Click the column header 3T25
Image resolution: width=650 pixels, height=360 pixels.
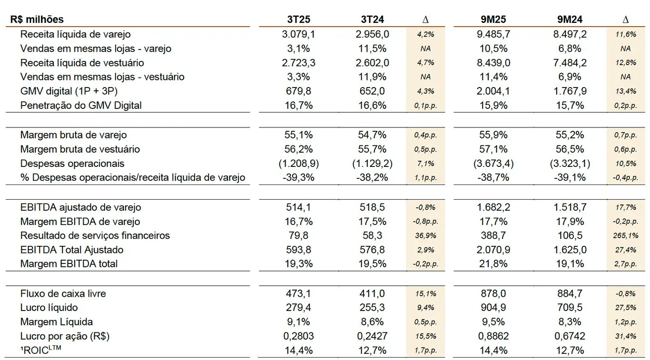pos(298,19)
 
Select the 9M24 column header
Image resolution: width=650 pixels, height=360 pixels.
pos(570,19)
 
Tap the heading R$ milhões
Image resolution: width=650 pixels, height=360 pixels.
pos(37,19)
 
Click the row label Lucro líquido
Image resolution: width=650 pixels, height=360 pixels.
pos(49,308)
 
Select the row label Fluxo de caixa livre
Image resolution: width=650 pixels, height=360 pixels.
pos(63,293)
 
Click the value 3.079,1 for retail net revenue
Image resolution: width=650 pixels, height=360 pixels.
pos(298,34)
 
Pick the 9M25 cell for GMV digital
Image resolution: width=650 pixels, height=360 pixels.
pos(492,91)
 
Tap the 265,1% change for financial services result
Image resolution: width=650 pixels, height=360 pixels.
pos(625,236)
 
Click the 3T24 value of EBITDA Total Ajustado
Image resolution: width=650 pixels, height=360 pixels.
pos(372,250)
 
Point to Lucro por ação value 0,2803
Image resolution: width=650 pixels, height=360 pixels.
pos(298,336)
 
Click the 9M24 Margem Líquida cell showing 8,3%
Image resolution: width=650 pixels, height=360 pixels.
pos(570,322)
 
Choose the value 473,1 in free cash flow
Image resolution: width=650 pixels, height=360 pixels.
pos(298,293)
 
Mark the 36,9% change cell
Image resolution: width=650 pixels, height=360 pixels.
pos(425,236)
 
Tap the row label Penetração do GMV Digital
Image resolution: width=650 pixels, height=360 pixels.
pos(81,106)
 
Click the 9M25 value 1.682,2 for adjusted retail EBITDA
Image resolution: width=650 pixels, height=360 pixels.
pos(492,207)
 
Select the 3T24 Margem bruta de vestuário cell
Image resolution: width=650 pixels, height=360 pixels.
pos(372,149)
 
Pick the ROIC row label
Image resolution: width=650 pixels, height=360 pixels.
pos(41,350)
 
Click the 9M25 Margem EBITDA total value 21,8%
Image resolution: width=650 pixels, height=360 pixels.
pos(492,264)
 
